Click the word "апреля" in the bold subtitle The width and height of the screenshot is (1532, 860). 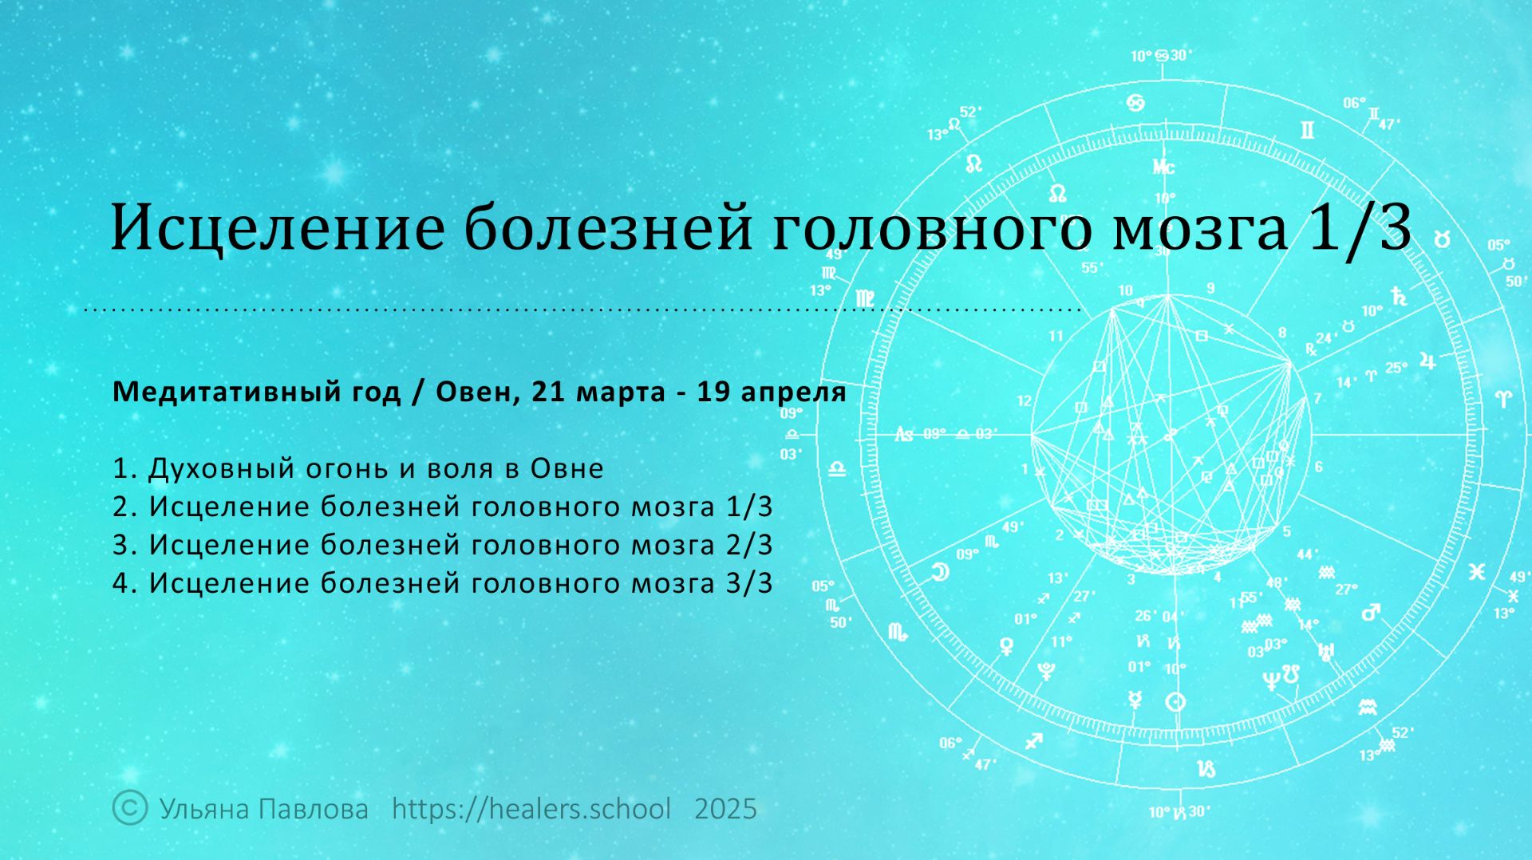pos(792,393)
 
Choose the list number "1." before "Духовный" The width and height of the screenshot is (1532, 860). pos(126,468)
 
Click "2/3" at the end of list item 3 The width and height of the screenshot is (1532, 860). pos(749,545)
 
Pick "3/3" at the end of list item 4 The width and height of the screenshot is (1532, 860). pos(749,583)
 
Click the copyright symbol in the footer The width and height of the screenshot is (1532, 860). pos(130,807)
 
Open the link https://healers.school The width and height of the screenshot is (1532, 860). pos(531,809)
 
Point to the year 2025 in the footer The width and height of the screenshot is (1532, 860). pos(725,809)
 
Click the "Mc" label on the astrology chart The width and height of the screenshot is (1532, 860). pos(1163,168)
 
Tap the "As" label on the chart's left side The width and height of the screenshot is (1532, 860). pos(903,434)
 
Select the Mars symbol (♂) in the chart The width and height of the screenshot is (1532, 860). pos(1370,613)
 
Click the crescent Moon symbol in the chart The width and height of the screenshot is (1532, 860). pos(941,571)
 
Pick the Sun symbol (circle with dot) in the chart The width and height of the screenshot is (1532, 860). pos(1175,702)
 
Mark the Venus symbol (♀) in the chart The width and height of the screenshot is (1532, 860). pos(1007,645)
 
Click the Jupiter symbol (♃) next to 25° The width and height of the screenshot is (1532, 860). pos(1428,363)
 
